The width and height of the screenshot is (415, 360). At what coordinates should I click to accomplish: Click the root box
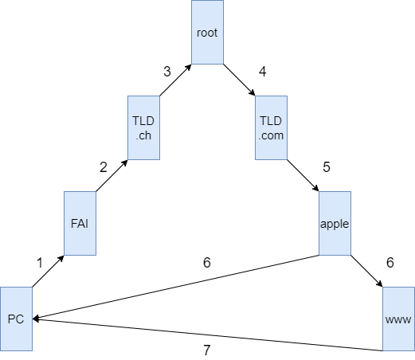(x=207, y=32)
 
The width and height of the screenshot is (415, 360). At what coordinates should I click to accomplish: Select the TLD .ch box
(x=143, y=127)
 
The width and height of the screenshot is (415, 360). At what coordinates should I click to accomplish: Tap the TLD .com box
(x=271, y=127)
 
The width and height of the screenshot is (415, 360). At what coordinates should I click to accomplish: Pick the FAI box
(x=80, y=223)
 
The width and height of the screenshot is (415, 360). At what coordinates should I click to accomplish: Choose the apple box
(x=335, y=223)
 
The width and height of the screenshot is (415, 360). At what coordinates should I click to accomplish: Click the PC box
(x=16, y=319)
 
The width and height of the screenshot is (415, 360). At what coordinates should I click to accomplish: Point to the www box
(x=398, y=319)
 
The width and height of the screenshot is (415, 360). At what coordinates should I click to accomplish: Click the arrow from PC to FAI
(x=48, y=271)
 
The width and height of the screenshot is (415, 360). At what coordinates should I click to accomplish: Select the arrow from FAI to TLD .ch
(x=112, y=175)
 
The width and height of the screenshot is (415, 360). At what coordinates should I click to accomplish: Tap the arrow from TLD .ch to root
(x=175, y=80)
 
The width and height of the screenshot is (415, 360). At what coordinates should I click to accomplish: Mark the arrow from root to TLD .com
(x=239, y=80)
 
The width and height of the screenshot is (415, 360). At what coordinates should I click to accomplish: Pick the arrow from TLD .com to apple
(x=303, y=175)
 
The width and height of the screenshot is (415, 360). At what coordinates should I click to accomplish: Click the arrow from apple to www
(x=366, y=271)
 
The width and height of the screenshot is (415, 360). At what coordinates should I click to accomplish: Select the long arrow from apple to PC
(x=175, y=287)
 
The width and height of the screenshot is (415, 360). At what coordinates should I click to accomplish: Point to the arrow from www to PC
(x=207, y=335)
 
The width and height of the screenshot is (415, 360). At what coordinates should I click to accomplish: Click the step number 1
(x=40, y=263)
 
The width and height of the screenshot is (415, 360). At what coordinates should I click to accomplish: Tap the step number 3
(x=167, y=72)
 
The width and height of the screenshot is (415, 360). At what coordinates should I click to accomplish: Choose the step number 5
(x=327, y=167)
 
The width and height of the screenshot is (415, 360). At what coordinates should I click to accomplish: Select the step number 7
(x=207, y=350)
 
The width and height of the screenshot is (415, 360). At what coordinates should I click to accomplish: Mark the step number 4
(x=263, y=72)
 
